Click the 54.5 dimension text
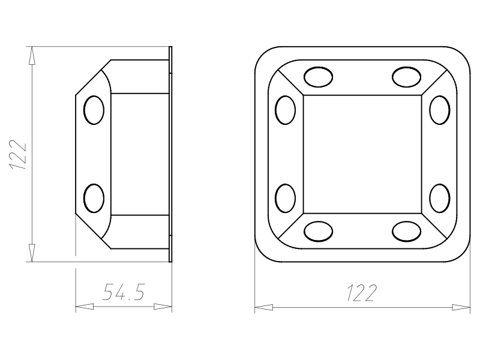pyautogui.click(x=123, y=292)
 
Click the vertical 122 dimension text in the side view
pyautogui.click(x=19, y=155)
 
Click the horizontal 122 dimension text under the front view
pyautogui.click(x=362, y=293)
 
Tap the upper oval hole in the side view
pyautogui.click(x=94, y=110)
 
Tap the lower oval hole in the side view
pyautogui.click(x=94, y=199)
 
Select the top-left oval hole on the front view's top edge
pyautogui.click(x=319, y=77)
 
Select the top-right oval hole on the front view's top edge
pyautogui.click(x=407, y=77)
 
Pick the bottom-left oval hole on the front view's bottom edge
pyautogui.click(x=319, y=232)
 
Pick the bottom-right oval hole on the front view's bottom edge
pyautogui.click(x=407, y=232)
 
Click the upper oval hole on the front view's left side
pyautogui.click(x=286, y=110)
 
